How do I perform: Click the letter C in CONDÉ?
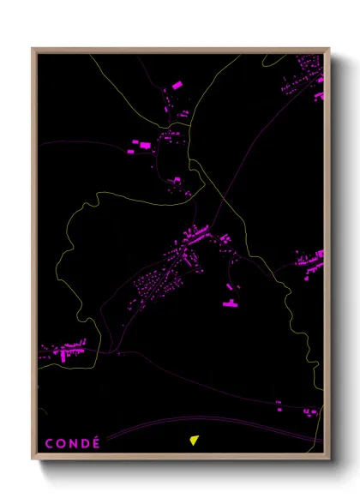click(x=47, y=443)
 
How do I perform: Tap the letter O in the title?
click(x=60, y=443)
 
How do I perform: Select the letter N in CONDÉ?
click(x=73, y=443)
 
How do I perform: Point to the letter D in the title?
click(x=85, y=443)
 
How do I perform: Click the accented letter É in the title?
click(x=96, y=443)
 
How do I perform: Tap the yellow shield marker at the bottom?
click(x=195, y=441)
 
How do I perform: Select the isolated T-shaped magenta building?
click(x=230, y=303)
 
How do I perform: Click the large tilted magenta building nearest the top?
click(x=178, y=86)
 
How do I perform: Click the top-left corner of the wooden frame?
click(x=33, y=49)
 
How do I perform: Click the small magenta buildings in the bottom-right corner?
click(x=310, y=411)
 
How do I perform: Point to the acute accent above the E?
click(x=97, y=436)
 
